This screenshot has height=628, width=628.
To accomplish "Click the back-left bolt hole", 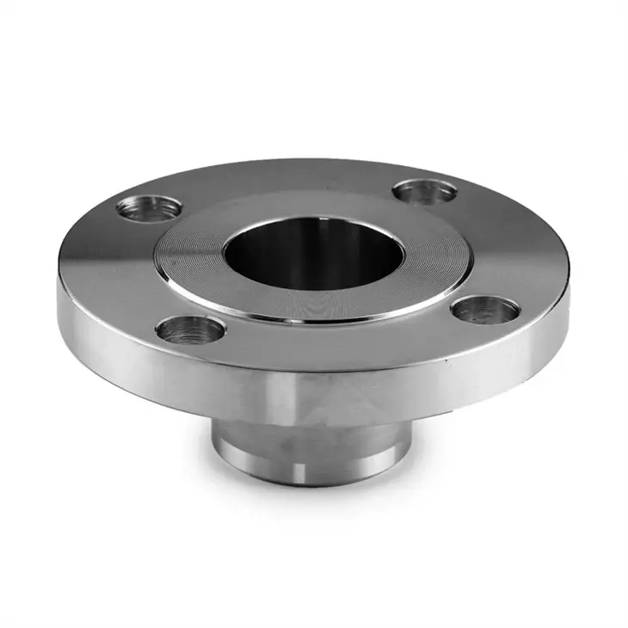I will [149, 208].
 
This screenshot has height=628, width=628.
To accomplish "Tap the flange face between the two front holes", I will [344, 340].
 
